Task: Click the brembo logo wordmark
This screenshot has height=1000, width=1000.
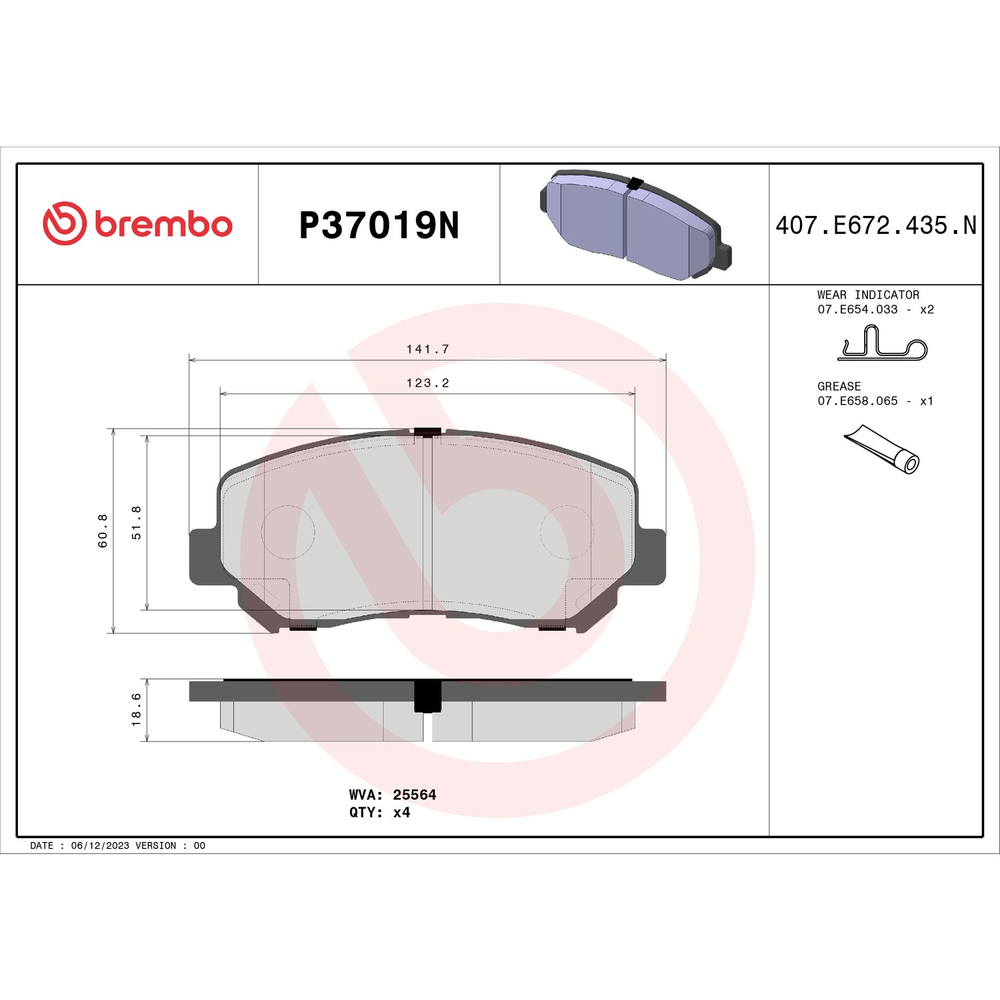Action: coord(164,225)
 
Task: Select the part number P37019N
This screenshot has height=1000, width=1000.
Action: coord(379,225)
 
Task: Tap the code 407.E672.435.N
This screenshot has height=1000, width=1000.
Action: coord(876,225)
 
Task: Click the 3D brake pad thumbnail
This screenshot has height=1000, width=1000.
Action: coord(635,225)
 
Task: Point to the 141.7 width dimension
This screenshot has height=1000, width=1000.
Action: coord(428,349)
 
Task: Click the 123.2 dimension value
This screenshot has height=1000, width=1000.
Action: coord(428,383)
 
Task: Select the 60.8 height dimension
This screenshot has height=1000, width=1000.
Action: coord(103,531)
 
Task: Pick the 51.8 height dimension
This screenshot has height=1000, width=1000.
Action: coord(137,523)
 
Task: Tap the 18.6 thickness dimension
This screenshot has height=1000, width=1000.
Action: coord(137,709)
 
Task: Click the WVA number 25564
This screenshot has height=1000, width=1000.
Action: coord(415,795)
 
